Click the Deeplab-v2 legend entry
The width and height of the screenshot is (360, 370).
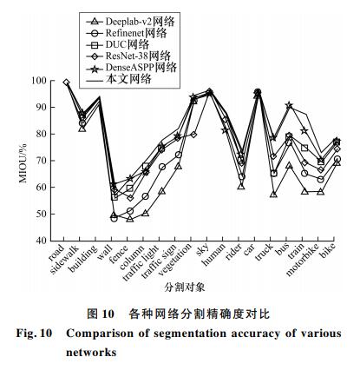tap(130, 22)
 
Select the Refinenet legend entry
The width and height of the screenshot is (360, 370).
tap(126, 33)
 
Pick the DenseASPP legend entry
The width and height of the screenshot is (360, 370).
tap(131, 68)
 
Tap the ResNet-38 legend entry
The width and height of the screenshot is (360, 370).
tap(128, 56)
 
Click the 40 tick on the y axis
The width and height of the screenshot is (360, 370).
tap(42, 241)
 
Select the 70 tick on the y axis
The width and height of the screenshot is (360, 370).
tap(42, 161)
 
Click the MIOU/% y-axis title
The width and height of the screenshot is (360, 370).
tap(23, 162)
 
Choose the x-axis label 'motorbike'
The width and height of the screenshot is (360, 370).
tap(303, 260)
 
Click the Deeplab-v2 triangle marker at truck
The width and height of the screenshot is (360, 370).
tap(273, 195)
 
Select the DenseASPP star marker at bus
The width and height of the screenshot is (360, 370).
tap(289, 106)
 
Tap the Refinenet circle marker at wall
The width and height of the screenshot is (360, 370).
tap(115, 219)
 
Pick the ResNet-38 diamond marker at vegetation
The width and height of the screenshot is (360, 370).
tap(193, 135)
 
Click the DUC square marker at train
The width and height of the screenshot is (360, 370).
tap(304, 148)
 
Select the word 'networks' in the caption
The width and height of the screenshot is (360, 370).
tap(91, 353)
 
